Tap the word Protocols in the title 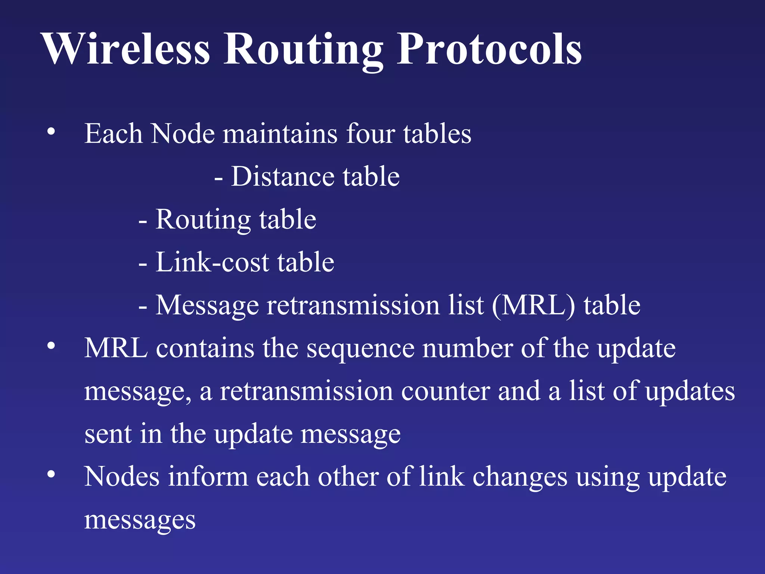click(489, 49)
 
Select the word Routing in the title click(303, 50)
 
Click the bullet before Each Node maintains click(51, 131)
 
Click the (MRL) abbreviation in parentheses click(533, 306)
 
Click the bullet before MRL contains click(51, 346)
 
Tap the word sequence click(360, 349)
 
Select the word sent click(108, 434)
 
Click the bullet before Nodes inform click(51, 474)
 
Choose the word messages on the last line click(140, 520)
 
